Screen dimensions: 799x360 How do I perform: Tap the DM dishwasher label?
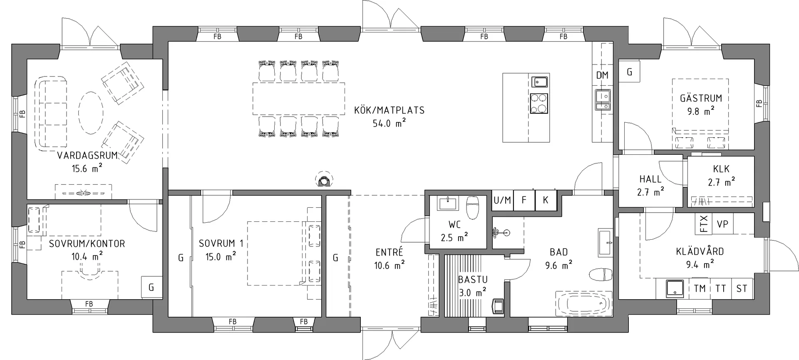click(602, 75)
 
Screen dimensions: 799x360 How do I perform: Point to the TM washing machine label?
click(700, 288)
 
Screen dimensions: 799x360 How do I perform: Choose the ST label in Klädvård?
click(742, 288)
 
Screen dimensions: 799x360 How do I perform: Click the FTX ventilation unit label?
click(704, 223)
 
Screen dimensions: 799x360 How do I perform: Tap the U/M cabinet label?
click(502, 200)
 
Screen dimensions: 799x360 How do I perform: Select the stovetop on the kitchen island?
click(539, 104)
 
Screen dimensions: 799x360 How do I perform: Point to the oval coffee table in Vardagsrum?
click(91, 112)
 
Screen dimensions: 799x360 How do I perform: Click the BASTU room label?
click(473, 280)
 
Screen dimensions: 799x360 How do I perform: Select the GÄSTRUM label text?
click(701, 98)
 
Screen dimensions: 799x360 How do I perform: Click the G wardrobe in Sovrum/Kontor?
click(151, 287)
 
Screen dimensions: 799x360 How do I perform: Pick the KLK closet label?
click(721, 169)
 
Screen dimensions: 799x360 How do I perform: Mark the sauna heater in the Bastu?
click(498, 307)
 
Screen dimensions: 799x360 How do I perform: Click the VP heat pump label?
click(722, 224)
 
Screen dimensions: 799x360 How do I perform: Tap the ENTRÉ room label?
click(389, 252)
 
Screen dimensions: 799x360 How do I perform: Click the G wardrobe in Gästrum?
click(629, 72)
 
